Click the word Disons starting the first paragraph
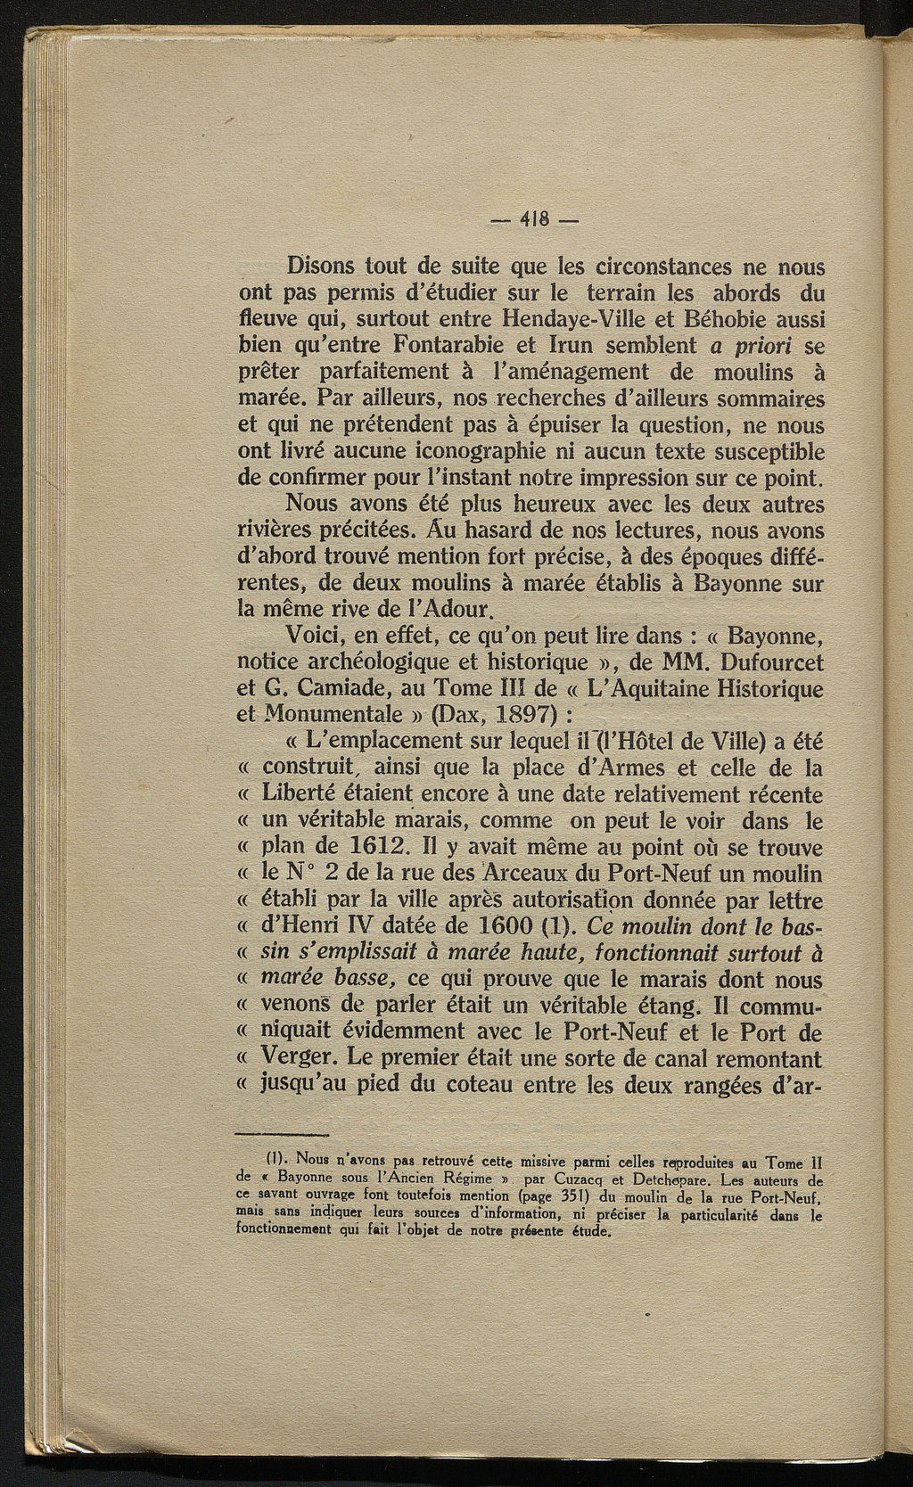[x=325, y=267]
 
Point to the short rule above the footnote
[x=283, y=1134]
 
